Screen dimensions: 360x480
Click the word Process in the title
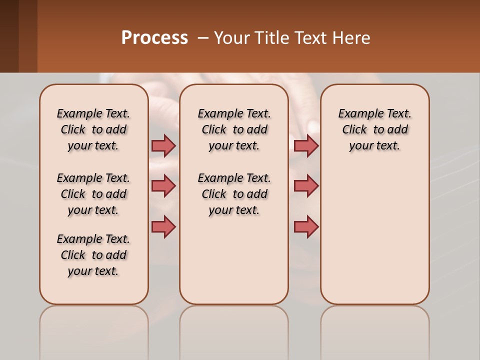(154, 38)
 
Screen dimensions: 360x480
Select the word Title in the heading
(271, 38)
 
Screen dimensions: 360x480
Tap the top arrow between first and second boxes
(163, 145)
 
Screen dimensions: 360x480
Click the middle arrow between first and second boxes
(163, 186)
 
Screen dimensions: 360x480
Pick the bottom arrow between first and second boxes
(163, 226)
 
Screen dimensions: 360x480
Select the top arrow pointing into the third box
(306, 145)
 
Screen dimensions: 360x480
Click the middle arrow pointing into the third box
(306, 186)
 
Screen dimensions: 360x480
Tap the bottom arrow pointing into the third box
(306, 226)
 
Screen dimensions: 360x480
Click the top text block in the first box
(93, 129)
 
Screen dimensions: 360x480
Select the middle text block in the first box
(93, 194)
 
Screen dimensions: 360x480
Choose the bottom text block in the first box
(93, 255)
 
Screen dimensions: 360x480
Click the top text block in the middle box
(234, 129)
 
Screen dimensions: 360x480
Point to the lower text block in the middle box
(234, 194)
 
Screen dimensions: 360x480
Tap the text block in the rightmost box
(374, 129)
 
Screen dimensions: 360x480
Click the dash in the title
(203, 38)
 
